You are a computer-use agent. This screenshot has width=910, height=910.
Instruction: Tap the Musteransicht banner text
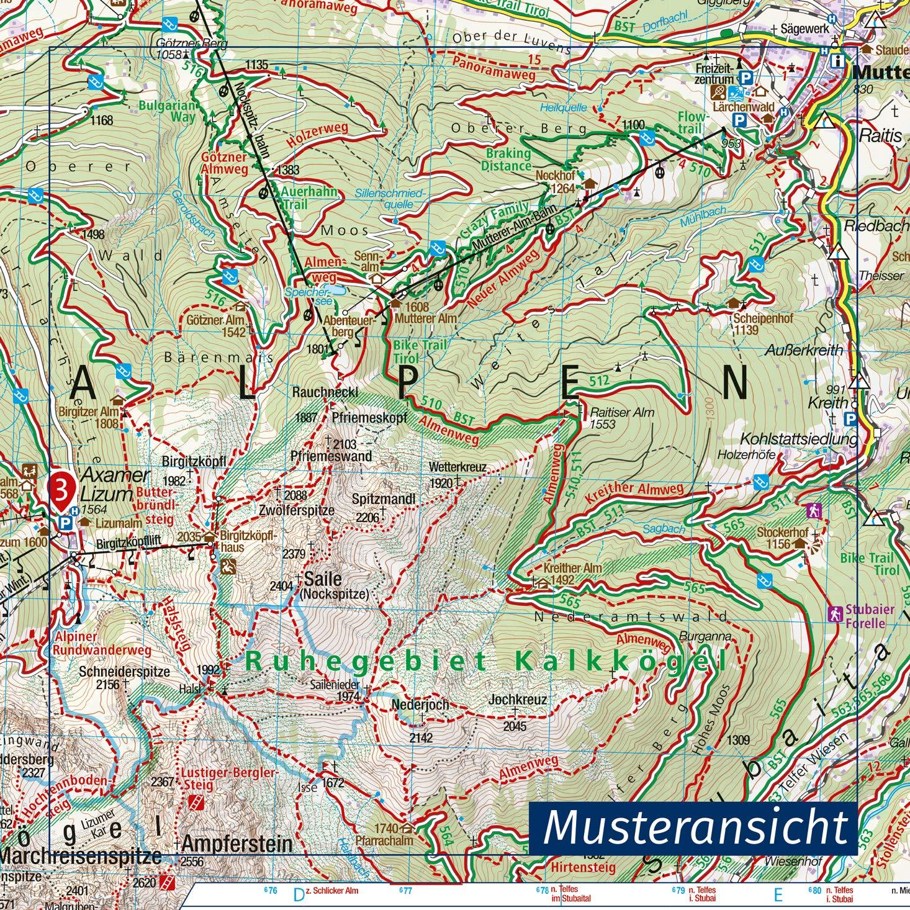click(x=695, y=827)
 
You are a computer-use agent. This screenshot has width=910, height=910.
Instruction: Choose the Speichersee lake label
click(x=305, y=291)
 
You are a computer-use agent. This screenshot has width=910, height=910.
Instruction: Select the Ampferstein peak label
click(x=237, y=844)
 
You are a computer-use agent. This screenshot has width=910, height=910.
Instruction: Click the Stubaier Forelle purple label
click(x=869, y=616)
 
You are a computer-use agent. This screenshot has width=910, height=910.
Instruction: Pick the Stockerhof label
click(x=782, y=533)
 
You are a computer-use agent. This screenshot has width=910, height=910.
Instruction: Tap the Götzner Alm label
click(x=213, y=320)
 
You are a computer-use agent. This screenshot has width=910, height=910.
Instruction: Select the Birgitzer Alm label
click(x=89, y=412)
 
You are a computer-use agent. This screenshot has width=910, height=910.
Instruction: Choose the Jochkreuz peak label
click(x=518, y=700)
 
